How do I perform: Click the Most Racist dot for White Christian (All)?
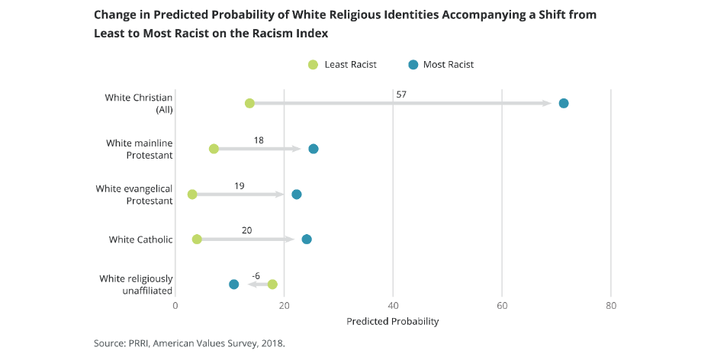click(564, 104)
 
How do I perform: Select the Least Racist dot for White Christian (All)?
click(249, 104)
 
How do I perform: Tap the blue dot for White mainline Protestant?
click(314, 149)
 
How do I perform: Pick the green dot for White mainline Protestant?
click(214, 149)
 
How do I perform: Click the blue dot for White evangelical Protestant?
click(297, 194)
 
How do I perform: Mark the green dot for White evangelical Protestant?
click(192, 194)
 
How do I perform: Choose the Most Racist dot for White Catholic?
click(307, 239)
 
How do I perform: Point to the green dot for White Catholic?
click(197, 239)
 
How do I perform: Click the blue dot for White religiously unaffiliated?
click(233, 284)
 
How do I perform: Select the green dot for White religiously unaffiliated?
click(272, 284)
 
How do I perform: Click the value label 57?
click(401, 95)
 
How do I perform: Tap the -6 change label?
click(256, 275)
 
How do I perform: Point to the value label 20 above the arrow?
click(246, 230)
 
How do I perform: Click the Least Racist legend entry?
click(343, 65)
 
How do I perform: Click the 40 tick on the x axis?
click(393, 306)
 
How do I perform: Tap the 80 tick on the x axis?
click(610, 306)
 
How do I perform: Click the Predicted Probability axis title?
click(393, 321)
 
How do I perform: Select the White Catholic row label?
click(140, 239)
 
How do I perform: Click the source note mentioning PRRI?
click(189, 343)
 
